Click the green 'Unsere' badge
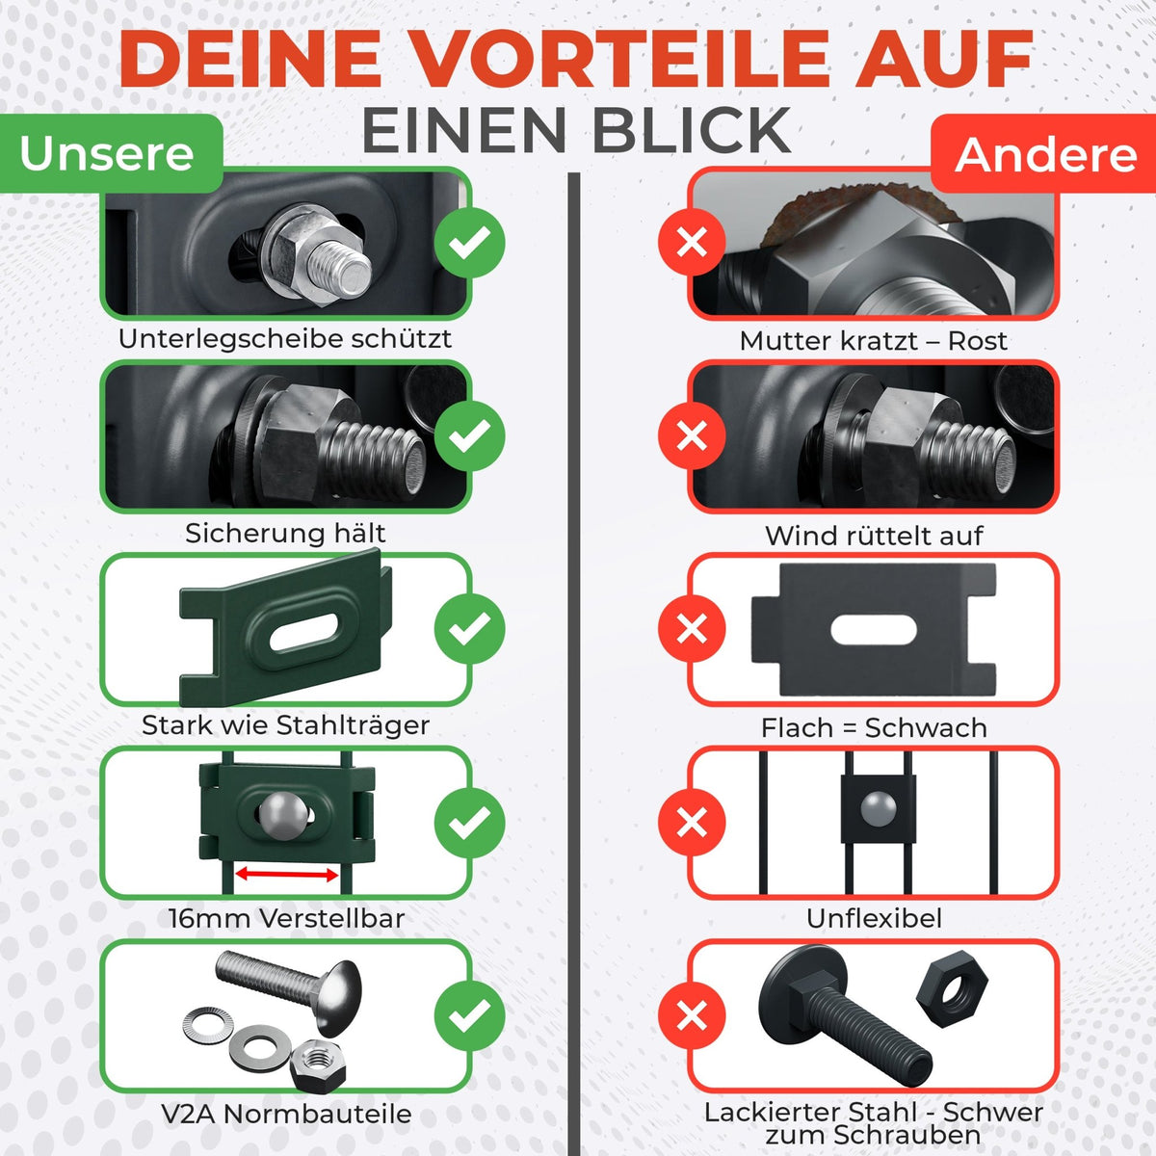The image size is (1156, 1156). click(x=111, y=153)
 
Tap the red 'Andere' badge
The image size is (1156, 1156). click(x=1044, y=153)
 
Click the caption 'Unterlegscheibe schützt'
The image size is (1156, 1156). click(x=285, y=339)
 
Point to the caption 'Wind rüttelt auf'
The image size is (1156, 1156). click(x=874, y=536)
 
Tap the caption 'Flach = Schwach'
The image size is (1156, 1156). click(x=874, y=728)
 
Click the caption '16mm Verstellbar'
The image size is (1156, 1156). click(x=287, y=918)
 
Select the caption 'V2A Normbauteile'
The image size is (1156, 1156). click(x=287, y=1114)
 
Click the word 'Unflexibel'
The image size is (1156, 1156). click(x=874, y=918)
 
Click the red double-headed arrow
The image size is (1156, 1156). click(x=287, y=874)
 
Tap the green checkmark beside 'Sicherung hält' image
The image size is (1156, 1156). click(x=470, y=436)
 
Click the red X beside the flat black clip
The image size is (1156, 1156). click(x=693, y=629)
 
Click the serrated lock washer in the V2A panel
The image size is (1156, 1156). click(x=208, y=1025)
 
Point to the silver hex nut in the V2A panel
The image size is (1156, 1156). click(x=317, y=1065)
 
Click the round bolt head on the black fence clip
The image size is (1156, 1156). click(x=879, y=807)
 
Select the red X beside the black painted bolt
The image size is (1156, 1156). click(x=693, y=1015)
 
